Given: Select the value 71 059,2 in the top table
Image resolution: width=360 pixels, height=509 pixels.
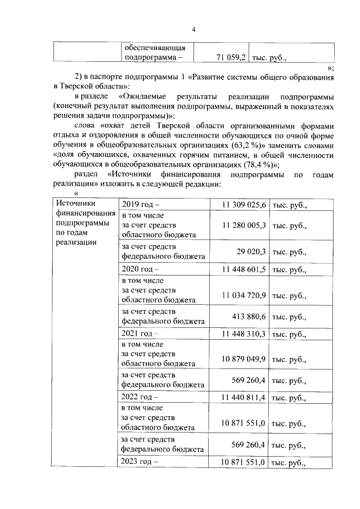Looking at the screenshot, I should click(232, 57).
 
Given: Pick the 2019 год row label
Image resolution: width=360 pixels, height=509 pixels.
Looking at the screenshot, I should click(141, 205).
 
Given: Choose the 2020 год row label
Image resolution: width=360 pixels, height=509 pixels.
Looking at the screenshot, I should click(141, 269).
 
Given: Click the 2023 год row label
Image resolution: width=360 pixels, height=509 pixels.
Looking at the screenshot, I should click(141, 463).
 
